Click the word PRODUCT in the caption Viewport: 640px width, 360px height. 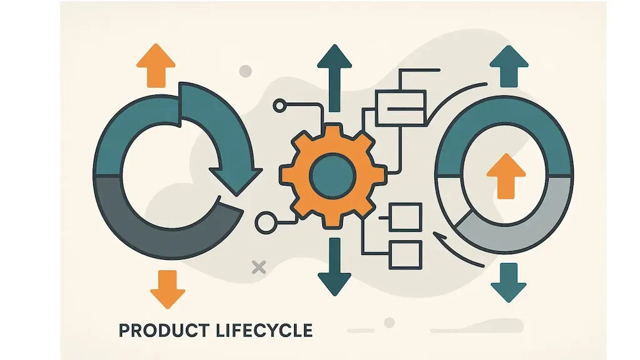coord(164,331)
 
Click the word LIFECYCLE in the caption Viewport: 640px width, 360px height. coord(263,331)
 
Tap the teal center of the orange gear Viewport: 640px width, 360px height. coord(332,176)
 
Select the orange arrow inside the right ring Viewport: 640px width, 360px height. coord(506,176)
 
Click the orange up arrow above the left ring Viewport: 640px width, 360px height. coord(156,65)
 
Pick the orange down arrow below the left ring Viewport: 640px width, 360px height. coord(167,289)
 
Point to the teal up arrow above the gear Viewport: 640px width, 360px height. coord(335,78)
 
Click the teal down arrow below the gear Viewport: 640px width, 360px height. coord(334,267)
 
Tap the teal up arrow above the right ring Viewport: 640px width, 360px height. coord(509,66)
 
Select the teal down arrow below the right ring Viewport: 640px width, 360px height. coord(509,282)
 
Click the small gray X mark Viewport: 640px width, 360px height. coord(259,267)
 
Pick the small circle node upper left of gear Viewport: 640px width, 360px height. coord(280,106)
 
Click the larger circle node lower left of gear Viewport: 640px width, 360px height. coord(266,223)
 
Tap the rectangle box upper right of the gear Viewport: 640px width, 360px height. coord(400,108)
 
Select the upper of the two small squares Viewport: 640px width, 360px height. coord(405,217)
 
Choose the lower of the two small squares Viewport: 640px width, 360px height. coord(405,255)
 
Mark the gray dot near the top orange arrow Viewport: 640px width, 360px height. coord(245,71)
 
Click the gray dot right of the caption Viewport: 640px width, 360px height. coord(389,322)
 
